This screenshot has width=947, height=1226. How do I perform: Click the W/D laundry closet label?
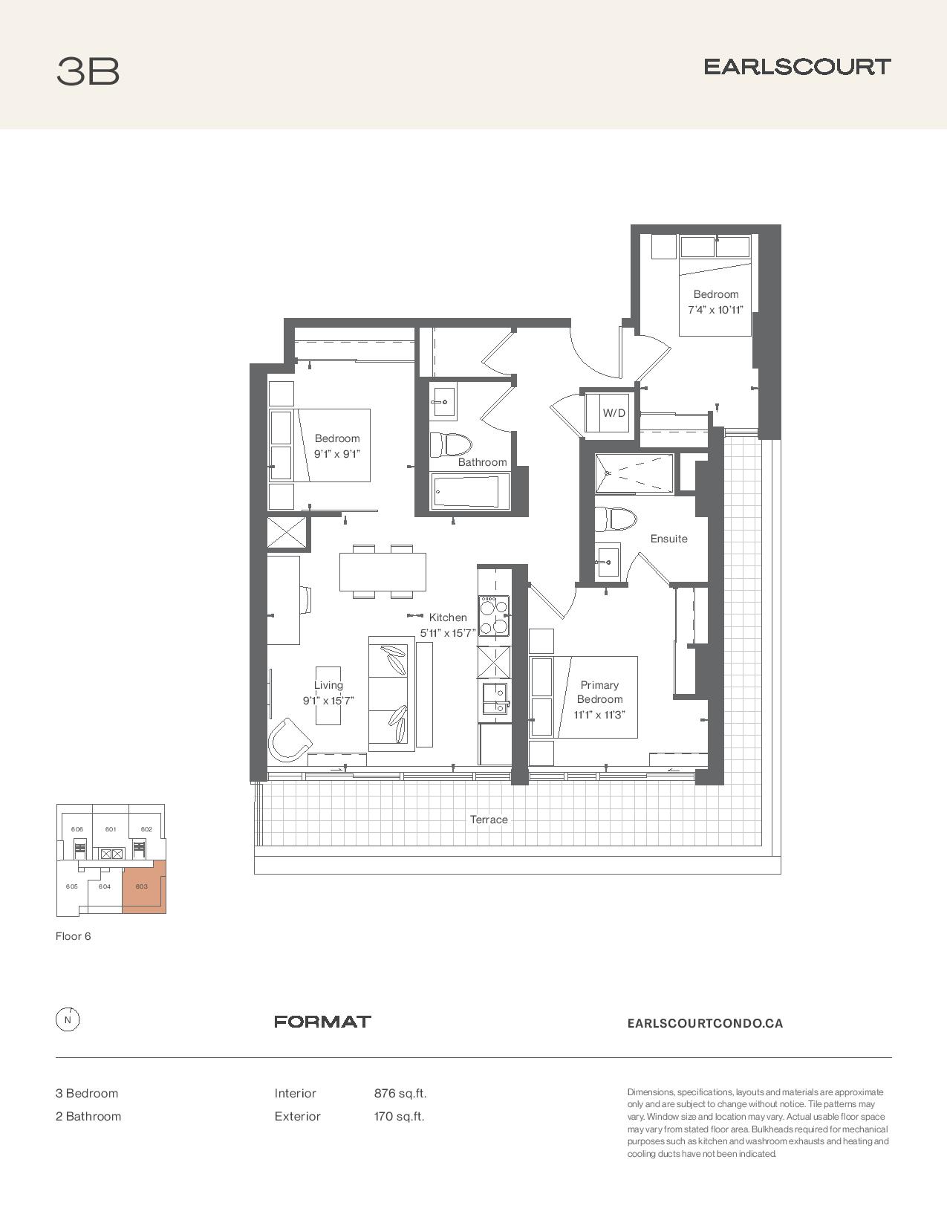pos(614,413)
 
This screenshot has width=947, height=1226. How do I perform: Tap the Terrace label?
pos(489,820)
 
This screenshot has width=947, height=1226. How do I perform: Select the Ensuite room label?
pos(668,539)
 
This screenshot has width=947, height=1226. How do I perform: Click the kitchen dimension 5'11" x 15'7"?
pos(448,633)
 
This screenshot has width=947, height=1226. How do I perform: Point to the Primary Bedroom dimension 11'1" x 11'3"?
pos(599,715)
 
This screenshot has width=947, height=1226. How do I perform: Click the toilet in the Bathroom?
pos(450,444)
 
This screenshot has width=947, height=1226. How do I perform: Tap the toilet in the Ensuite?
pos(615,519)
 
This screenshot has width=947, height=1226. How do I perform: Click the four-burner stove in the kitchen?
pos(493,616)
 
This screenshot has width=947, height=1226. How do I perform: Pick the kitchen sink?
pos(495,698)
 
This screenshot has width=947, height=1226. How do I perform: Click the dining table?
pos(383,571)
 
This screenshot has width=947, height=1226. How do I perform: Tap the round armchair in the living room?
pos(290,740)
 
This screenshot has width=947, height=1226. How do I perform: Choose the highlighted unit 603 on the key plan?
pos(144,886)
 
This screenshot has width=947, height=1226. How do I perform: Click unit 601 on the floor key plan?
pos(111,829)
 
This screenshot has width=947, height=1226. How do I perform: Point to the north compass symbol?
pos(68,1020)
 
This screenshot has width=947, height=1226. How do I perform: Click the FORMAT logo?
pos(322,1022)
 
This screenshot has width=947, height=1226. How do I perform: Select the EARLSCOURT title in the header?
pos(797,67)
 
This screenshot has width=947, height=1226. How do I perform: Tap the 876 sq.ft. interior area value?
pos(400,1094)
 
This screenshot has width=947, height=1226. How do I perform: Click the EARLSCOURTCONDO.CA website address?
pos(705,1023)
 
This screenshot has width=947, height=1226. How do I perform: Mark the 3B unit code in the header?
pos(88,71)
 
